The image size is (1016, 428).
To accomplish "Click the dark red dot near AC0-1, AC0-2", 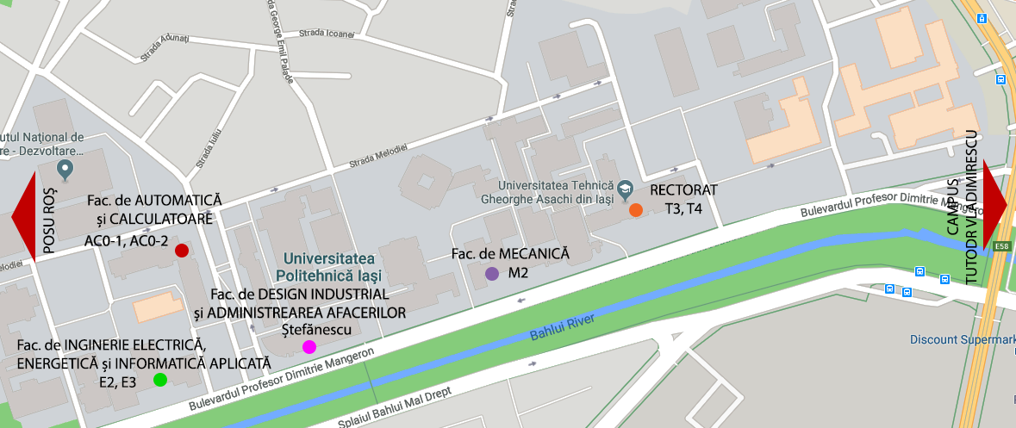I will (x=182, y=251).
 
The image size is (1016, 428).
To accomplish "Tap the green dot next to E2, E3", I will (x=159, y=380).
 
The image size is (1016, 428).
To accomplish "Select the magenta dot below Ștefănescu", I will (x=309, y=347).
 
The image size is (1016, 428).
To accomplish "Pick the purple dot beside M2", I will (x=492, y=274).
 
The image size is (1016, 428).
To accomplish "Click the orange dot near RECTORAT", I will (x=635, y=210).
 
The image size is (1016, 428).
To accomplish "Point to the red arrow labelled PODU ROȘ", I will (x=22, y=216).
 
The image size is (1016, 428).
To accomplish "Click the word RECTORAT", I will (x=683, y=189).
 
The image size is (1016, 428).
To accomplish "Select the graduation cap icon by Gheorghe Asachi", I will (x=626, y=187).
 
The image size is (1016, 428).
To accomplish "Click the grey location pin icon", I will (x=64, y=167).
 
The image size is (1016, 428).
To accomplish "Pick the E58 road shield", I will (x=1001, y=246).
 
